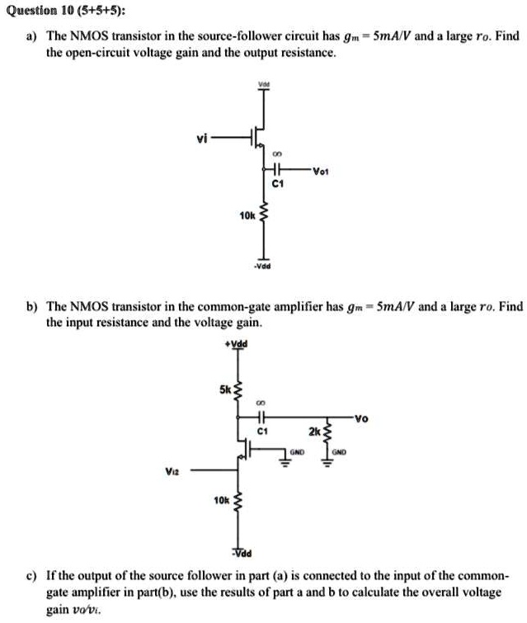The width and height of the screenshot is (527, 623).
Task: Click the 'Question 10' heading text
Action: pos(32,11)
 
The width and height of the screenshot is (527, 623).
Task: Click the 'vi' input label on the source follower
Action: pos(202,139)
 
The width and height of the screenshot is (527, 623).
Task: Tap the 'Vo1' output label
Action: pos(321,172)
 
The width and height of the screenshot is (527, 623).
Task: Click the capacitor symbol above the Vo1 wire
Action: pos(276,169)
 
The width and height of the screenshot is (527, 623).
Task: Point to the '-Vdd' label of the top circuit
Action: pos(262,267)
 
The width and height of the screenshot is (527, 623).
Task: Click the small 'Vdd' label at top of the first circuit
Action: pos(264,84)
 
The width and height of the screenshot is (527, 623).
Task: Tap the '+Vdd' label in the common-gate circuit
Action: pos(236,344)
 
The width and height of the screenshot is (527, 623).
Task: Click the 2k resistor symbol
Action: pos(327,432)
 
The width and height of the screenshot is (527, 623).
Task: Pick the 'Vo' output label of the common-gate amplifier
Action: pos(361,418)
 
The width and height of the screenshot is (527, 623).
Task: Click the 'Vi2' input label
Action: pos(172,471)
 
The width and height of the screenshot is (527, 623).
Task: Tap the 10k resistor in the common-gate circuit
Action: pos(238,501)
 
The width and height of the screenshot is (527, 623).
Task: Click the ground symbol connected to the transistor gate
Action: pos(285,462)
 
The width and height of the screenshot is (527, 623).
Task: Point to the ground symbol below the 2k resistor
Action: pos(327,462)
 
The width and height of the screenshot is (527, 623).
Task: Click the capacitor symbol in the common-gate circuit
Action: pos(261,417)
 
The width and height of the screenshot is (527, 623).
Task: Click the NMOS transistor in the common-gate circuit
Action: pos(245,449)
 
